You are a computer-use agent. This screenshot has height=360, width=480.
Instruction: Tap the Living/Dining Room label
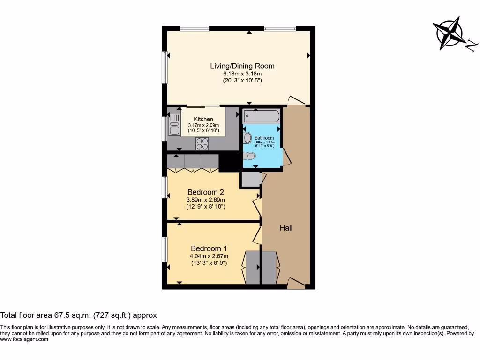tap(242, 66)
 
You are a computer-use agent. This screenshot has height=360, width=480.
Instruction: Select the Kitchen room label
tap(203, 119)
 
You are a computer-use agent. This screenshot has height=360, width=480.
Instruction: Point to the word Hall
tap(286, 228)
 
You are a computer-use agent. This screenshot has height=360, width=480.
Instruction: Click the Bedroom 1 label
tap(209, 248)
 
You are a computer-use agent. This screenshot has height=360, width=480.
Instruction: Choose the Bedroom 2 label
tap(205, 192)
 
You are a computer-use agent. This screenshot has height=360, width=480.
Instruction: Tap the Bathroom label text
tap(264, 138)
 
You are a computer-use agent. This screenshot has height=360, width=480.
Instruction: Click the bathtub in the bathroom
tap(262, 116)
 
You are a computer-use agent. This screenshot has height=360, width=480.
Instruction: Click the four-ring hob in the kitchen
tap(202, 143)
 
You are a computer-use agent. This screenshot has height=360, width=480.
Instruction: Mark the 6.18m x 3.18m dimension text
tap(242, 74)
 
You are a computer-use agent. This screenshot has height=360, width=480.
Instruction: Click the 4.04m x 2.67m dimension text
tap(209, 256)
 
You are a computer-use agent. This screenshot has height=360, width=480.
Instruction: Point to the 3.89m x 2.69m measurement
tap(205, 199)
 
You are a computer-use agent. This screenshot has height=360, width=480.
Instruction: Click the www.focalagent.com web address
tap(24, 339)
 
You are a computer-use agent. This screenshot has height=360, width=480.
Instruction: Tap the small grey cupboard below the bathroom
tap(251, 180)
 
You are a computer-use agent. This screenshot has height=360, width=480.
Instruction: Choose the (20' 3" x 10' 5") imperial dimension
tap(242, 81)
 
